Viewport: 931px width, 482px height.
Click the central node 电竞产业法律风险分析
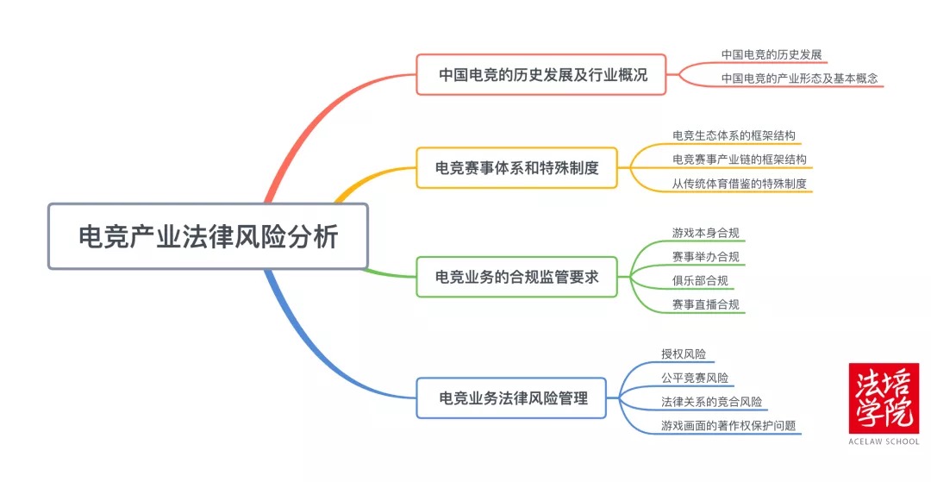click(208, 236)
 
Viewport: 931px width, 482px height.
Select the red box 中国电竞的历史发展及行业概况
click(542, 74)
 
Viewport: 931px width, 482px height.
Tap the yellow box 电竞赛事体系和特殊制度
click(516, 167)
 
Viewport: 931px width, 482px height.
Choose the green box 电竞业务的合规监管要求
click(516, 277)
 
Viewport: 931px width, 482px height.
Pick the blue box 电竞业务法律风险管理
click(513, 397)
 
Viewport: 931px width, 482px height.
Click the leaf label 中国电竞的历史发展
click(772, 54)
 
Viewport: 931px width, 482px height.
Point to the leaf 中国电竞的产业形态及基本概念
click(799, 78)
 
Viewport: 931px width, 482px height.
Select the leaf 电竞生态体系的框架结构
click(734, 135)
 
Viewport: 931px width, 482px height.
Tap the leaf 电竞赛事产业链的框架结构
click(740, 160)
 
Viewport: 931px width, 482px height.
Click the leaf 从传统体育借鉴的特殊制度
click(740, 183)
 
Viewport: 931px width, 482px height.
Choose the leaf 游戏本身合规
click(705, 233)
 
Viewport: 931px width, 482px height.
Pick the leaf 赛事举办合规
click(705, 256)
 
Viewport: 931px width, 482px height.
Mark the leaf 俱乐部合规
click(700, 280)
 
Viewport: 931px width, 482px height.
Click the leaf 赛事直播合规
click(705, 304)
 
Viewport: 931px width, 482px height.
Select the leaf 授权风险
click(683, 354)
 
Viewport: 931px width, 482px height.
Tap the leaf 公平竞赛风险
click(694, 378)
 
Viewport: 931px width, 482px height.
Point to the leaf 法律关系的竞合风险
click(710, 401)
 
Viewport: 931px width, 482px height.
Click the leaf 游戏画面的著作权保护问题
click(728, 425)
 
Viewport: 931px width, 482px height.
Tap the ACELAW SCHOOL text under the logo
click(884, 441)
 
